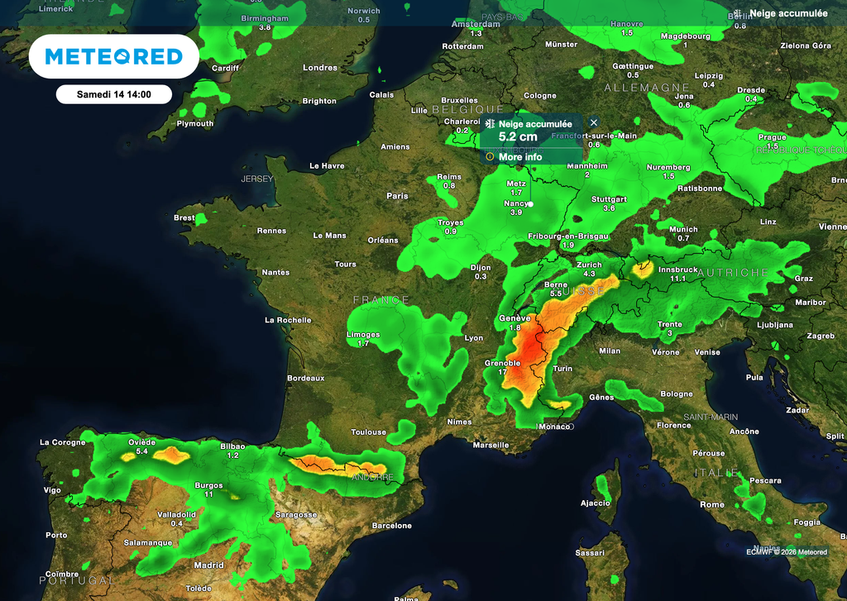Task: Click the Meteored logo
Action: [113, 56]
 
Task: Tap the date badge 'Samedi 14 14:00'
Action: [113, 94]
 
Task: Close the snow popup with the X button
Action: [593, 122]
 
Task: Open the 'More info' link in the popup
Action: [520, 157]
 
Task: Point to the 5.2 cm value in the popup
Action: [518, 136]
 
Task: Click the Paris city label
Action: [397, 196]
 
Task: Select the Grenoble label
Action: [503, 363]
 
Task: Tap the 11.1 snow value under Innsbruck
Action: [678, 279]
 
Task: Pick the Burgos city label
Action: [208, 485]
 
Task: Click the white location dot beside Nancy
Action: [531, 203]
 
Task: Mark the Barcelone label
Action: [392, 526]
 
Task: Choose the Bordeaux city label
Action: [305, 378]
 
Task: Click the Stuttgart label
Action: [609, 199]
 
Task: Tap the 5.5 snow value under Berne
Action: [556, 293]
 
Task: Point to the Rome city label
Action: [711, 504]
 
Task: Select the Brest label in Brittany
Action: [184, 218]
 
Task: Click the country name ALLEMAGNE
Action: [647, 87]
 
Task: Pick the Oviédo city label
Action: [141, 441]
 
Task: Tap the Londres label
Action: [320, 68]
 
